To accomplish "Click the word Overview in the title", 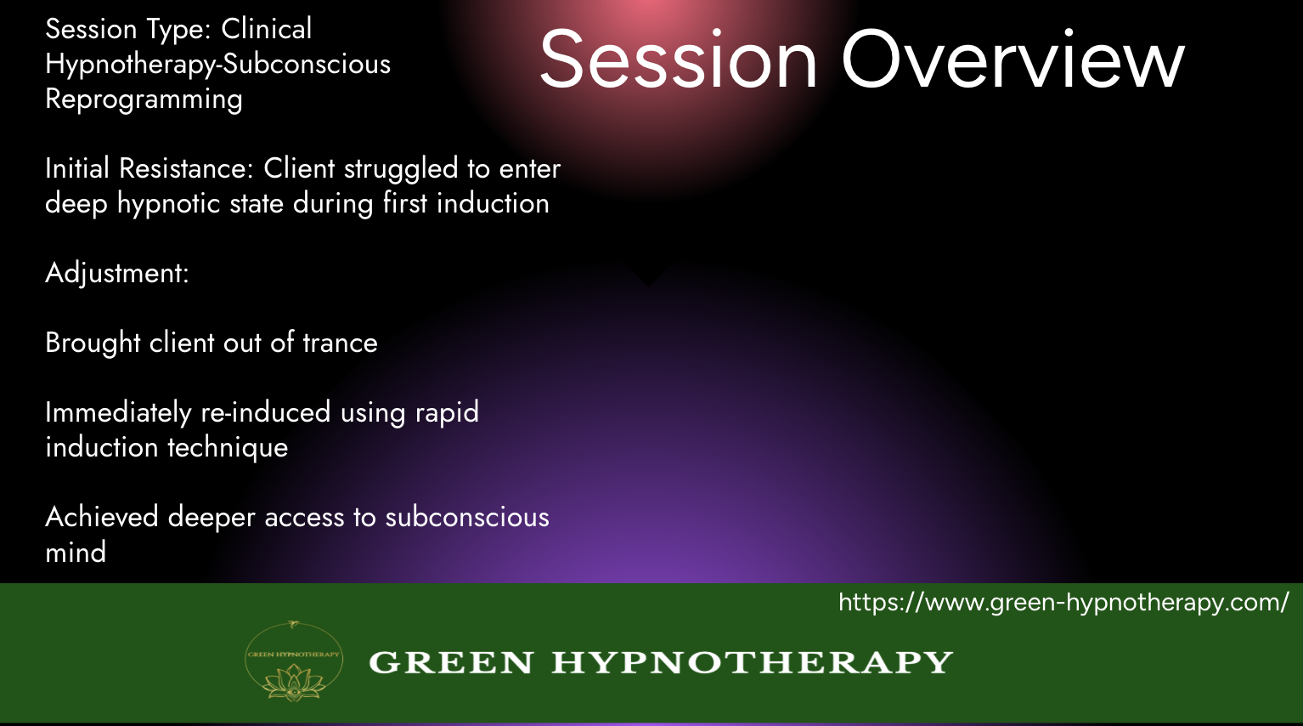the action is [1013, 60].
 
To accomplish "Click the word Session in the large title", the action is [679, 60].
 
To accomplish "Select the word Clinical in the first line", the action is [267, 29].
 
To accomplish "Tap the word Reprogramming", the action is [144, 99].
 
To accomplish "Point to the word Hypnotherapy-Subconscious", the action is [217, 64].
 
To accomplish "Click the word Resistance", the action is [186, 168].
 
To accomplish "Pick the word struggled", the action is [401, 169].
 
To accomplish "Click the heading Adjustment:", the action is [117, 274].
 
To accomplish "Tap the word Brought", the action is [93, 343].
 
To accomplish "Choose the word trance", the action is [341, 343].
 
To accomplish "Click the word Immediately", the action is [118, 413].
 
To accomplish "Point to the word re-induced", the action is [266, 412].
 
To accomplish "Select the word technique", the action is [228, 448].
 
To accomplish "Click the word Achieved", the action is [102, 517].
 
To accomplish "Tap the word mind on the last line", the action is [76, 552].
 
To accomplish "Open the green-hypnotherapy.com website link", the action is [1064, 603].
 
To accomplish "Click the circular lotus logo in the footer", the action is [294, 661].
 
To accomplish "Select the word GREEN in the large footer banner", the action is [451, 662].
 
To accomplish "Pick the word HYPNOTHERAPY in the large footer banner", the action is [752, 662].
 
